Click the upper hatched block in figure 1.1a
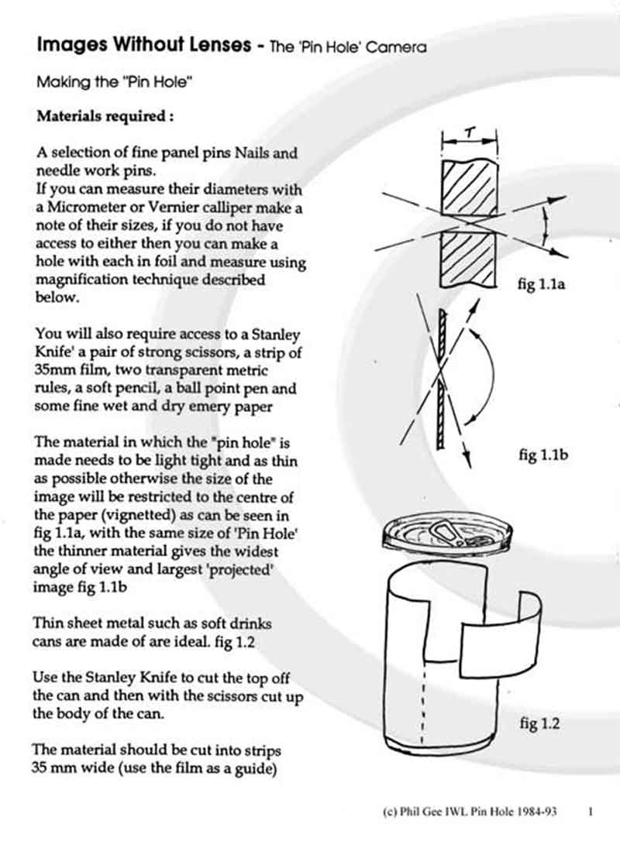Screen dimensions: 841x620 [468, 185]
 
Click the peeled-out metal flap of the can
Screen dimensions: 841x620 [500, 626]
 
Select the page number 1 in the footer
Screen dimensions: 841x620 [591, 812]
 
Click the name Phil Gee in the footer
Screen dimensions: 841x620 [418, 812]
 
